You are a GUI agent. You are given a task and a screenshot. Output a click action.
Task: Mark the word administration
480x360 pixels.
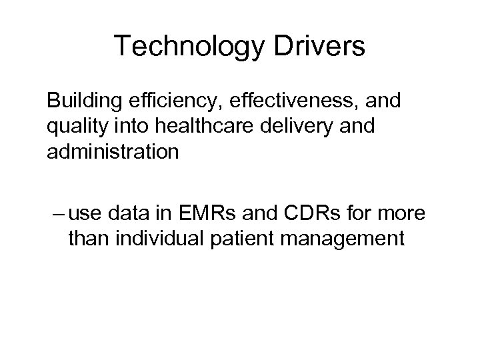[x=113, y=153]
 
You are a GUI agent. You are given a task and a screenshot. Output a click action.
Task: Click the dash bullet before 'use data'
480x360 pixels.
[x=57, y=215]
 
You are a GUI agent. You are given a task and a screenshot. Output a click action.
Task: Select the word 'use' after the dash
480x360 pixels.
[x=84, y=215]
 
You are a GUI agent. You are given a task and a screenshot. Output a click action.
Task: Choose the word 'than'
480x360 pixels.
[x=89, y=239]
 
